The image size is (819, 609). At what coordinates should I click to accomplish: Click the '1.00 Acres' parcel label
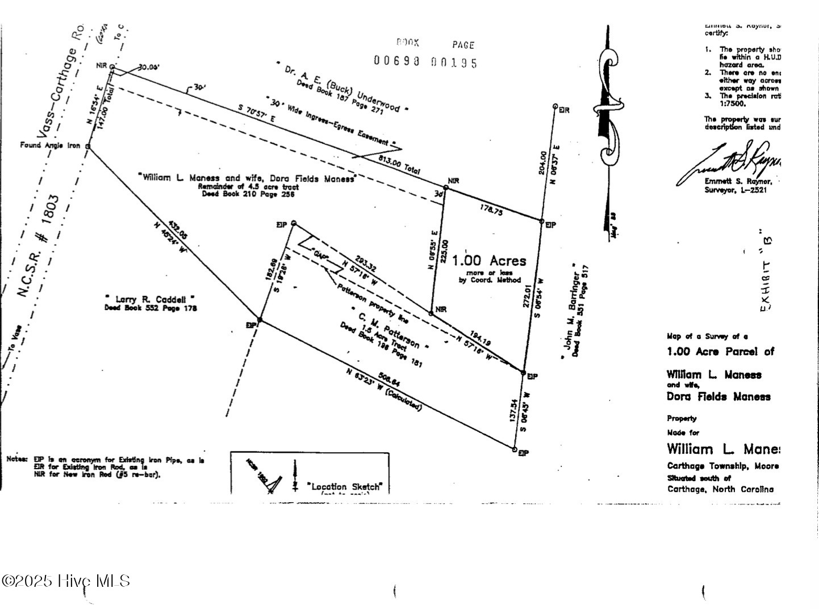489,261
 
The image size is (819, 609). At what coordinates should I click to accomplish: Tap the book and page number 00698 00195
425,62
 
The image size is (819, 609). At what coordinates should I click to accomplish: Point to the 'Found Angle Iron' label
50,145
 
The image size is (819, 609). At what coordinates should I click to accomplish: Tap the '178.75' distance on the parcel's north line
491,210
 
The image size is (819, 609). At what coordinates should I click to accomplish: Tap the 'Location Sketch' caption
345,486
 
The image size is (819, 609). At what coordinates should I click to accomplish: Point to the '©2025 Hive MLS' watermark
66,581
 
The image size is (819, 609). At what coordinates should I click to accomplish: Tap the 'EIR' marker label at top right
563,110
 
